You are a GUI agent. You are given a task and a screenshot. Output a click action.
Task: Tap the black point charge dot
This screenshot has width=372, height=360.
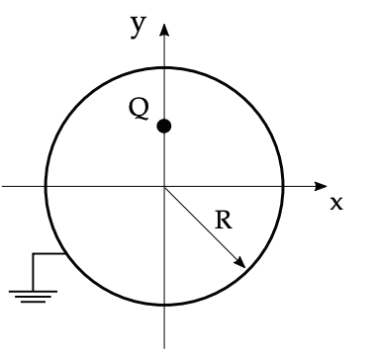coord(164,126)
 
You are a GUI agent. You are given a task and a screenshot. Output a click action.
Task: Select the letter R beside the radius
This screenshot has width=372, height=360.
coord(224,220)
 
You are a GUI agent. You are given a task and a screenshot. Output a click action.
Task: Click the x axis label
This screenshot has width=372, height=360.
coord(336,203)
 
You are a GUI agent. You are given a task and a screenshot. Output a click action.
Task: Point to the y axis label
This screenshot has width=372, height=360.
coord(139,26)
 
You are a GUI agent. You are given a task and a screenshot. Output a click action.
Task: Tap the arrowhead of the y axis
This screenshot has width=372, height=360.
coord(164,26)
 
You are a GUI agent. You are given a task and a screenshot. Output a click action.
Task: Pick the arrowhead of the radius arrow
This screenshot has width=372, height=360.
coord(241,263)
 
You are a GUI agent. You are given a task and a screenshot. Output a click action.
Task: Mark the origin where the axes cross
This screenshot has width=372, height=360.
coord(164,186)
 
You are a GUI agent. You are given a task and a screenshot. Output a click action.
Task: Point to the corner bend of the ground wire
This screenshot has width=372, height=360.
coord(34,254)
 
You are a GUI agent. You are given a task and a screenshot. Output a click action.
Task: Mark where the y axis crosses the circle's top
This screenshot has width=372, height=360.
coord(164,66)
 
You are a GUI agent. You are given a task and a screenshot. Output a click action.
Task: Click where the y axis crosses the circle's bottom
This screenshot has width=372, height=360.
coord(164,306)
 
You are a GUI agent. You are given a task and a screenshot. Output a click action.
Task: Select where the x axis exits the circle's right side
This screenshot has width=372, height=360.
coord(284,186)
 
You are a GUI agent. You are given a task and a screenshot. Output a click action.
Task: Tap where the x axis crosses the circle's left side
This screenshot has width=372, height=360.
coord(45,186)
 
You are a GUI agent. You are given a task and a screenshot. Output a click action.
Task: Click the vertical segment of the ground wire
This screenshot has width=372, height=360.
coord(34,270)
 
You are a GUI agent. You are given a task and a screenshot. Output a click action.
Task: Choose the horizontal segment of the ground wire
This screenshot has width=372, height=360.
coord(49,254)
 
